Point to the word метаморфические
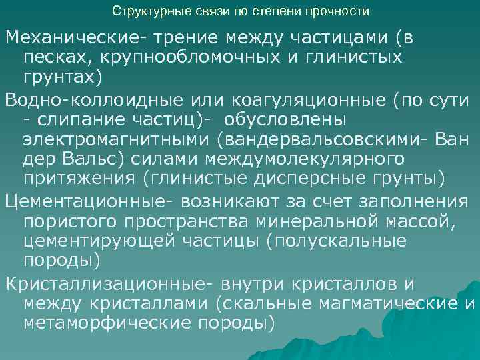point(109,324)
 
